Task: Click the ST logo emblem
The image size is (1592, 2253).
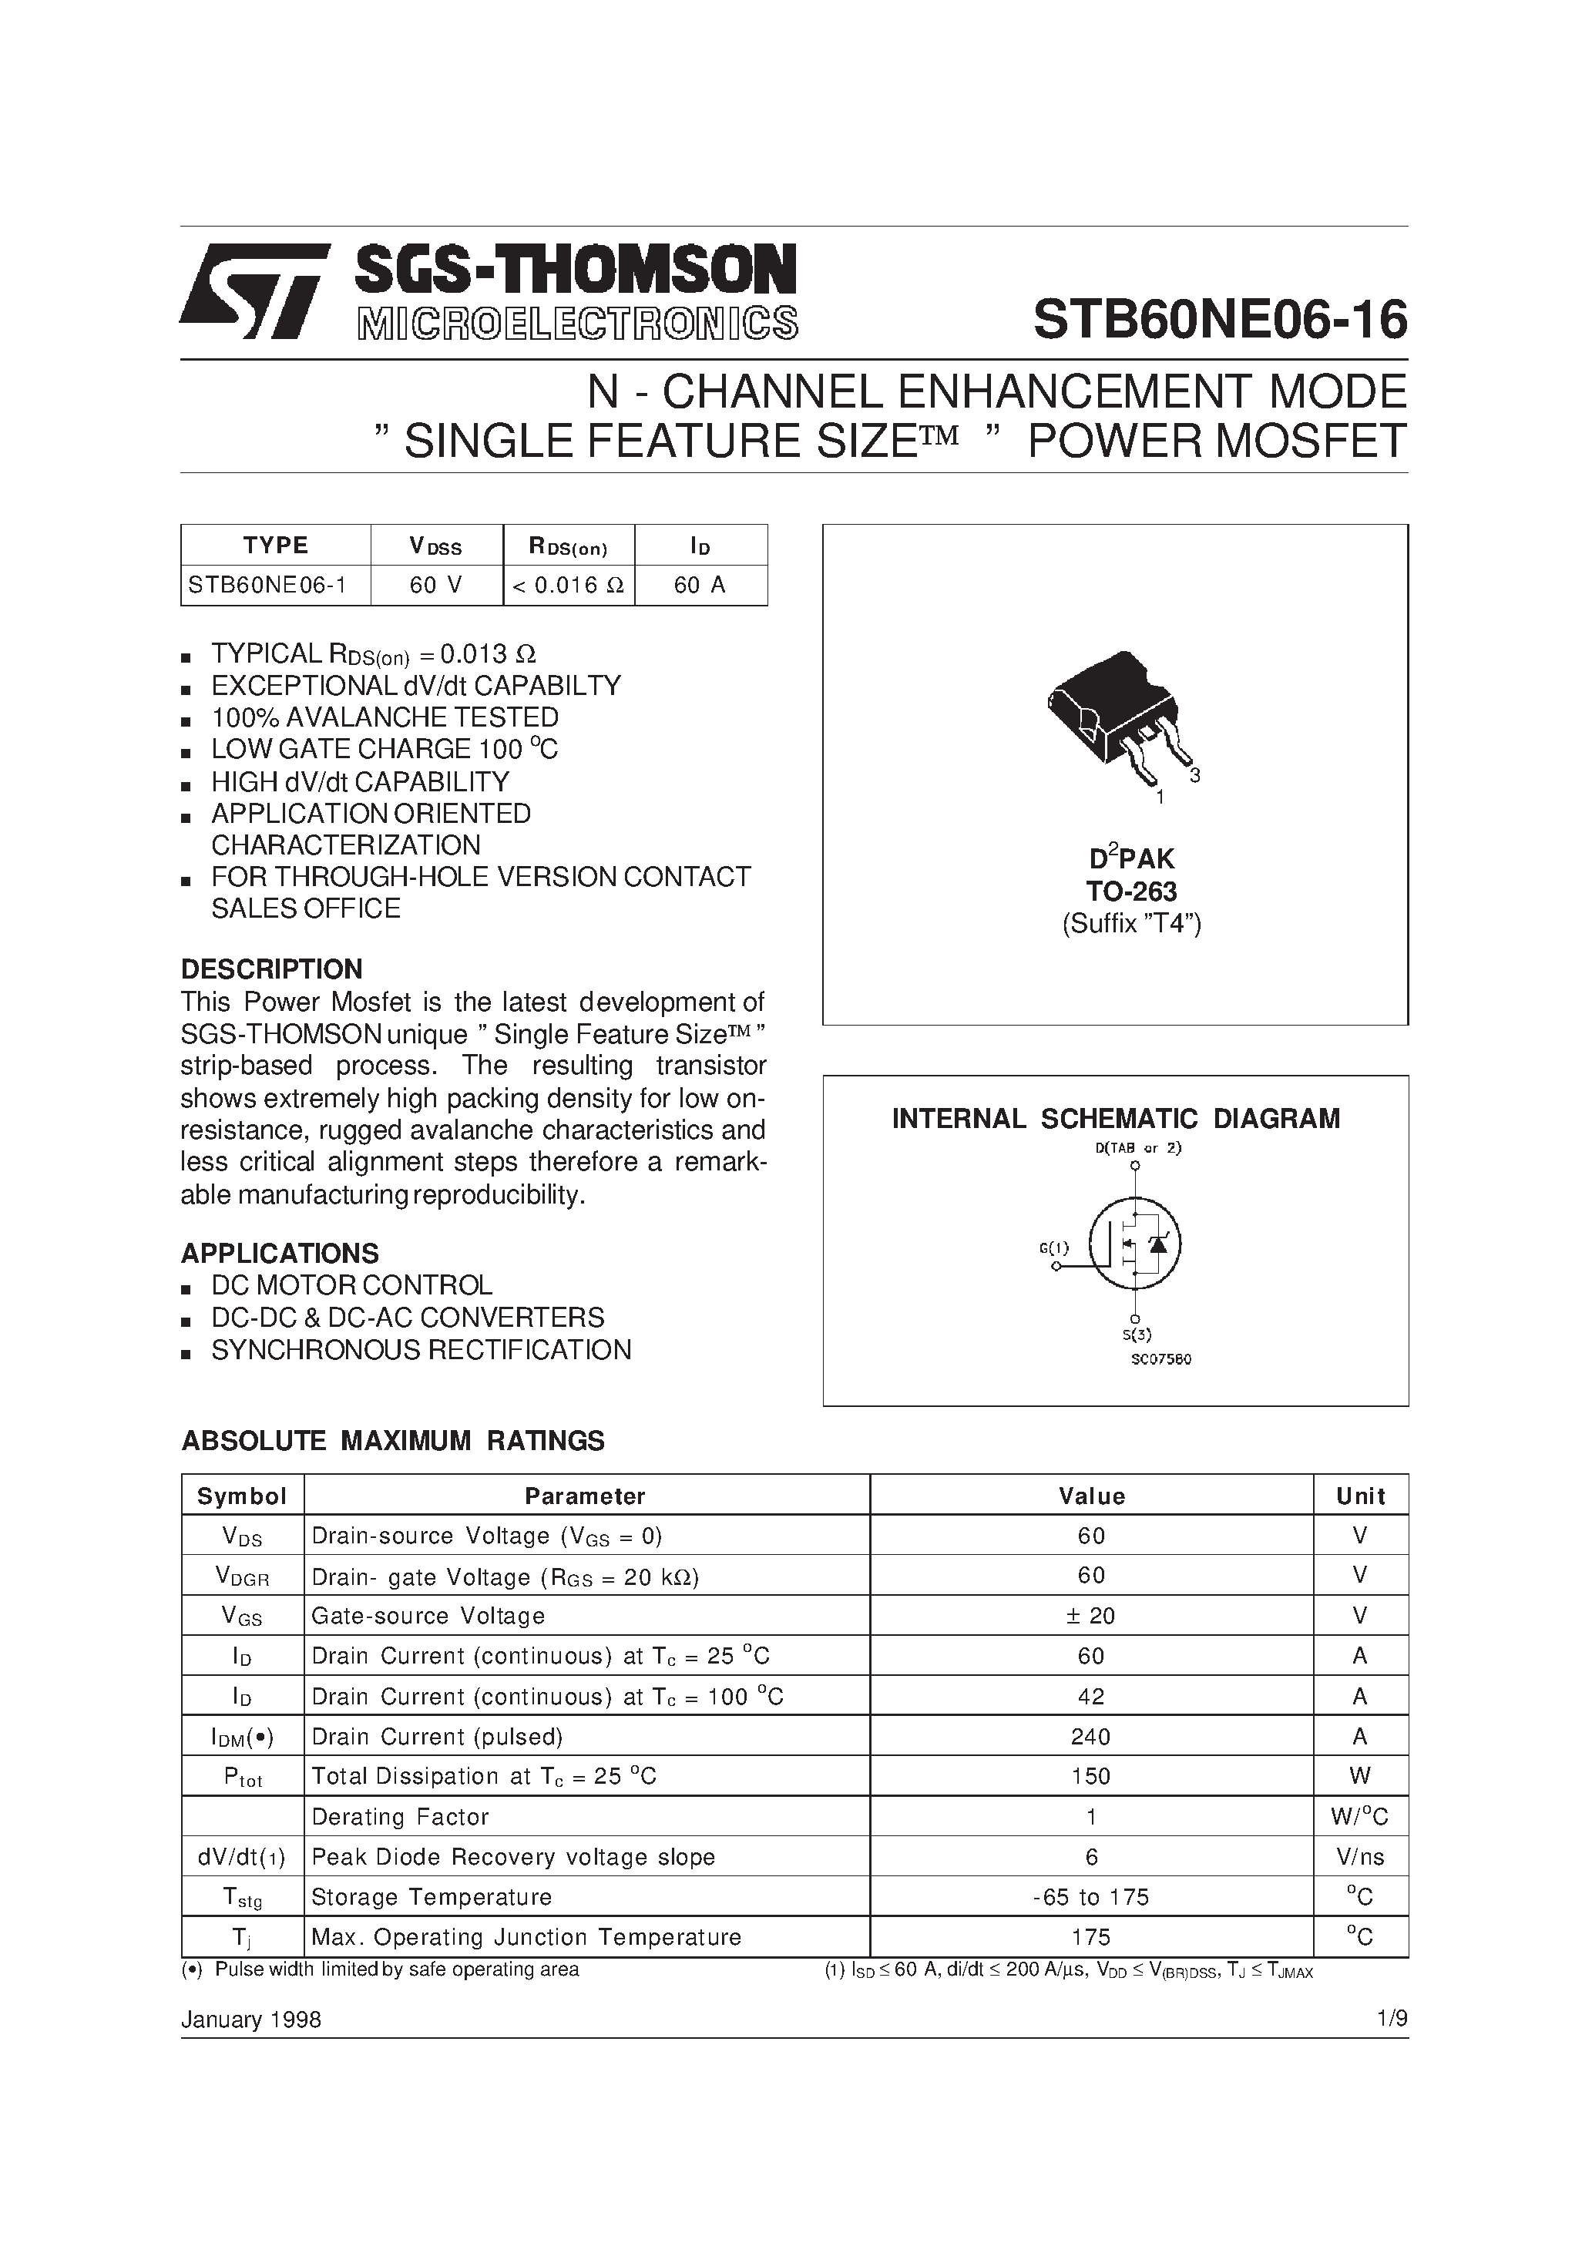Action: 254,291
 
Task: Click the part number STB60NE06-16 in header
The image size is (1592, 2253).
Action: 1219,320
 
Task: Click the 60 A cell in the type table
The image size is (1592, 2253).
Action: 700,586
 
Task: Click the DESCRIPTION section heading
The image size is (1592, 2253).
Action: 272,969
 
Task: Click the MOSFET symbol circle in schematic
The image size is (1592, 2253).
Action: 1136,1244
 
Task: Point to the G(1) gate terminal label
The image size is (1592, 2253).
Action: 1053,1248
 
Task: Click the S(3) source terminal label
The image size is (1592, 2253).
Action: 1137,1335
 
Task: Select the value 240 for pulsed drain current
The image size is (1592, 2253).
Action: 1090,1737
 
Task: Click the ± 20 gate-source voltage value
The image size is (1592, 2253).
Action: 1090,1616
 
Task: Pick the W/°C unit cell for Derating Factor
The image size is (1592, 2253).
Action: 1359,1818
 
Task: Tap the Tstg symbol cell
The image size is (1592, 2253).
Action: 243,1898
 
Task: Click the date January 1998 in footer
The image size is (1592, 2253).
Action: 251,2020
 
